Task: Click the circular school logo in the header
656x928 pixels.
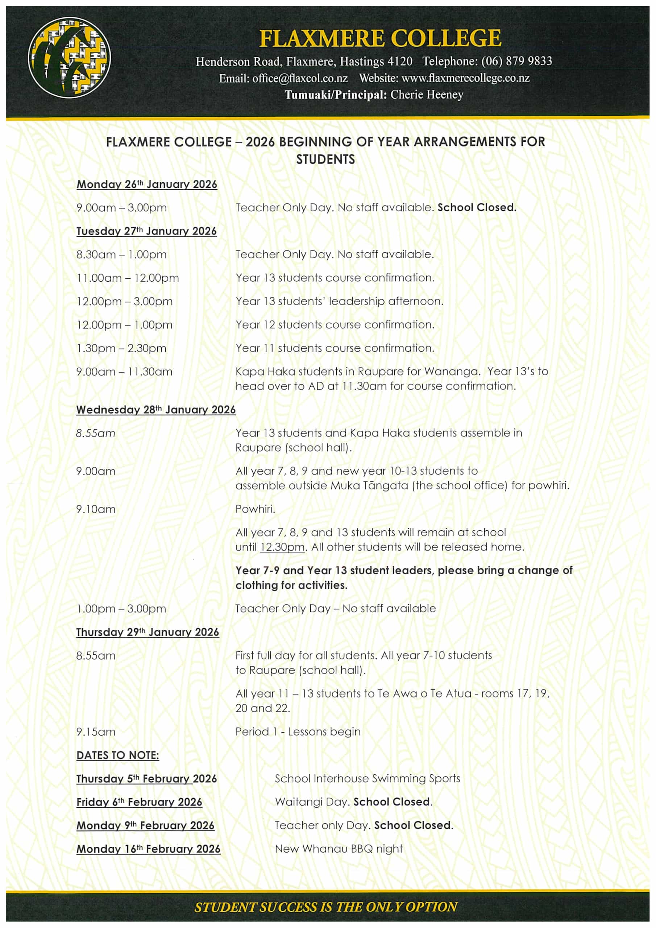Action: [69, 57]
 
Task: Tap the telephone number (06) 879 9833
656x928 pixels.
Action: [516, 61]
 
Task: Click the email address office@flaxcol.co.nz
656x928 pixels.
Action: [300, 78]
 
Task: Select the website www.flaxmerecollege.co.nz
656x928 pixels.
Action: [465, 78]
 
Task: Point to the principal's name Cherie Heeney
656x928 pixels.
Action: [427, 95]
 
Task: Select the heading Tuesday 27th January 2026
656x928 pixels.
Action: [146, 231]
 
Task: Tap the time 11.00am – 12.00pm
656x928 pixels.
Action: [127, 278]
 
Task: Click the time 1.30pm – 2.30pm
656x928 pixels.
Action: [121, 348]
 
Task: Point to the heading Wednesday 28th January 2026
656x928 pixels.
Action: [155, 410]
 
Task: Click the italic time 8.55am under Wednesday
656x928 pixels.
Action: [96, 433]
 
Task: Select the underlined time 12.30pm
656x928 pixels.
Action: [282, 547]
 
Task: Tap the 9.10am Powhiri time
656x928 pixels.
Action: [96, 509]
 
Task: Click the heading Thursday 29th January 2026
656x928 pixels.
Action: [148, 632]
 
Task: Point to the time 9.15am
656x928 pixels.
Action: [96, 732]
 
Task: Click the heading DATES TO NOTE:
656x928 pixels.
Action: [118, 755]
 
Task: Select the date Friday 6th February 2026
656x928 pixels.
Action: [139, 802]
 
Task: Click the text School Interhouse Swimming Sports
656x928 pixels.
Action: [368, 779]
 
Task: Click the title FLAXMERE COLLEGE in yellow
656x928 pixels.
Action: [380, 38]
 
